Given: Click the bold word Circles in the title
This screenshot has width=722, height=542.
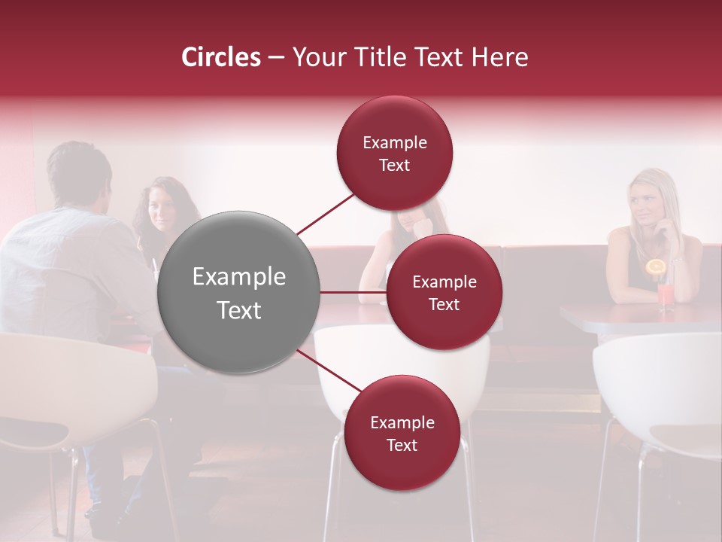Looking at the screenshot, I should click(220, 57).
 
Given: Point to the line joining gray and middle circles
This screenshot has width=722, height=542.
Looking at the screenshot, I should click(353, 292).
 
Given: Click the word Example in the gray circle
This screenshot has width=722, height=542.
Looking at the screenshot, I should click(238, 277).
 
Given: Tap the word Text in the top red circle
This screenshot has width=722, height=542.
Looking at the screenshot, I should click(395, 166).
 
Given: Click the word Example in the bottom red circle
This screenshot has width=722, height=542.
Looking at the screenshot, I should click(402, 423).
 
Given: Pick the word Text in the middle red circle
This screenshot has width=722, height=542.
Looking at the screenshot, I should click(444, 305).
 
